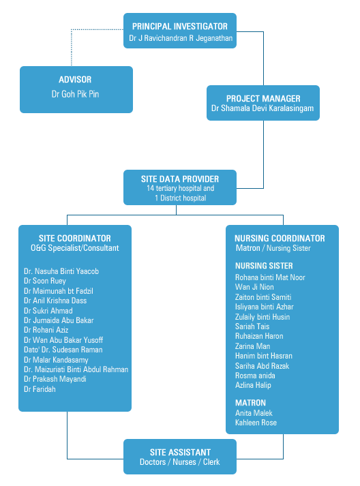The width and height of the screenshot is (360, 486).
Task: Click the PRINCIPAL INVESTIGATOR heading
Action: click(180, 27)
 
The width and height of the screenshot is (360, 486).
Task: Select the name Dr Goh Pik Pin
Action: click(75, 94)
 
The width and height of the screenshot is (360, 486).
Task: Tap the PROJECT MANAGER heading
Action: click(263, 99)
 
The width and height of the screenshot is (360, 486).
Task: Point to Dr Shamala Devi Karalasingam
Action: click(262, 108)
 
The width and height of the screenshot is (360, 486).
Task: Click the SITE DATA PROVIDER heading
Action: click(180, 179)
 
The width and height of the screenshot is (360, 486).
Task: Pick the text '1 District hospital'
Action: click(180, 198)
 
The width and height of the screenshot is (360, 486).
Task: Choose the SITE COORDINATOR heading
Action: click(75, 238)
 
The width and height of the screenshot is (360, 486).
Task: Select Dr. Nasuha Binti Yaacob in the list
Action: click(61, 271)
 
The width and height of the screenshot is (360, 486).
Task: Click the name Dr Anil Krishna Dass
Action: click(55, 301)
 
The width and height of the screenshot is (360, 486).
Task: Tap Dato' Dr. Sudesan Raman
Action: click(63, 350)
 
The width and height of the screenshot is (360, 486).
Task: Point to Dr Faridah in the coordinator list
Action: click(40, 389)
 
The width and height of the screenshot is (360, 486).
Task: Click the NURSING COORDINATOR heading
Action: click(280, 238)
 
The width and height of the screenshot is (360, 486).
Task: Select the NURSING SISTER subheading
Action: click(264, 266)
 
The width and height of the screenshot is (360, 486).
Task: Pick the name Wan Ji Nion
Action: click(254, 287)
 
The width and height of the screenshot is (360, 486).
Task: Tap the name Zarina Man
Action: click(252, 346)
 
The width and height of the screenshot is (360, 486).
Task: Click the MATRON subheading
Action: click(250, 403)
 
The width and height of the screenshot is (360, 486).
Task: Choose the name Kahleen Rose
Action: click(256, 423)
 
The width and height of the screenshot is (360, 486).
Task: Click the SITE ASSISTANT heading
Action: click(180, 452)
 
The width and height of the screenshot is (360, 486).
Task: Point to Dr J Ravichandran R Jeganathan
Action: click(181, 38)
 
